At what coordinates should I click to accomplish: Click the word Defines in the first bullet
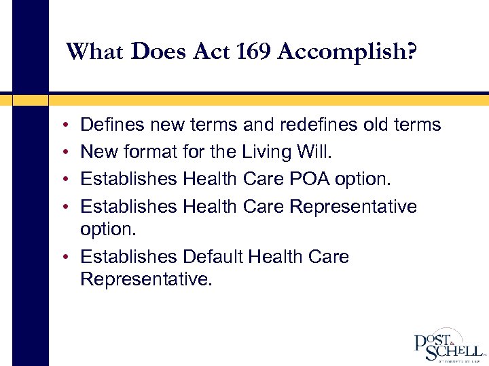click(x=111, y=125)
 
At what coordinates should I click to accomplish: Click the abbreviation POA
click(x=316, y=179)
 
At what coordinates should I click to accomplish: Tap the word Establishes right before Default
click(x=128, y=257)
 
